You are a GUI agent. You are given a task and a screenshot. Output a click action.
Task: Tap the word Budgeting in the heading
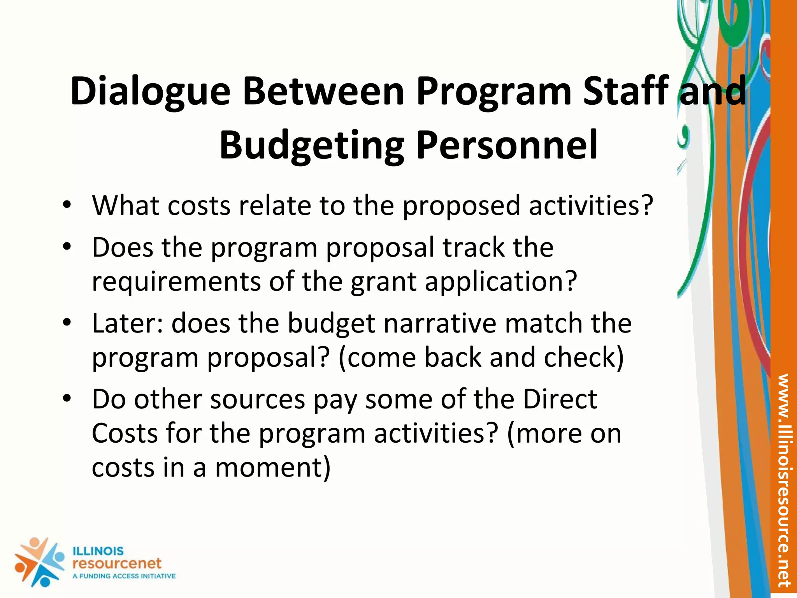point(311,146)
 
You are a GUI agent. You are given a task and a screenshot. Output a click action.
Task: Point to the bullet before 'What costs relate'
point(67,205)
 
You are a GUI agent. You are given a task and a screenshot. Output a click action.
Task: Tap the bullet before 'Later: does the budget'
point(67,323)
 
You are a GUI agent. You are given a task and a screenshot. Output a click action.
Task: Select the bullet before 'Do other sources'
point(67,399)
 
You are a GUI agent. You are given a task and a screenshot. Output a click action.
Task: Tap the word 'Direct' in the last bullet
point(560,399)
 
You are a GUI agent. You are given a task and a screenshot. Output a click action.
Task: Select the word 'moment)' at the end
point(272,467)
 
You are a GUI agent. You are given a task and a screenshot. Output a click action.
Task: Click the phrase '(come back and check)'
point(481,357)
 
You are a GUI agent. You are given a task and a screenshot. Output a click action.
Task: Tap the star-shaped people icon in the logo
point(39,562)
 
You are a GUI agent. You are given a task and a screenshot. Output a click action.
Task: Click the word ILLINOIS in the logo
point(98,551)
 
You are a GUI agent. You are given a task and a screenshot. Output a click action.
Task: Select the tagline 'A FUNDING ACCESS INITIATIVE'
point(124,576)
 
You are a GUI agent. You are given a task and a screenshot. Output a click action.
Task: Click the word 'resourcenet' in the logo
point(117,563)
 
